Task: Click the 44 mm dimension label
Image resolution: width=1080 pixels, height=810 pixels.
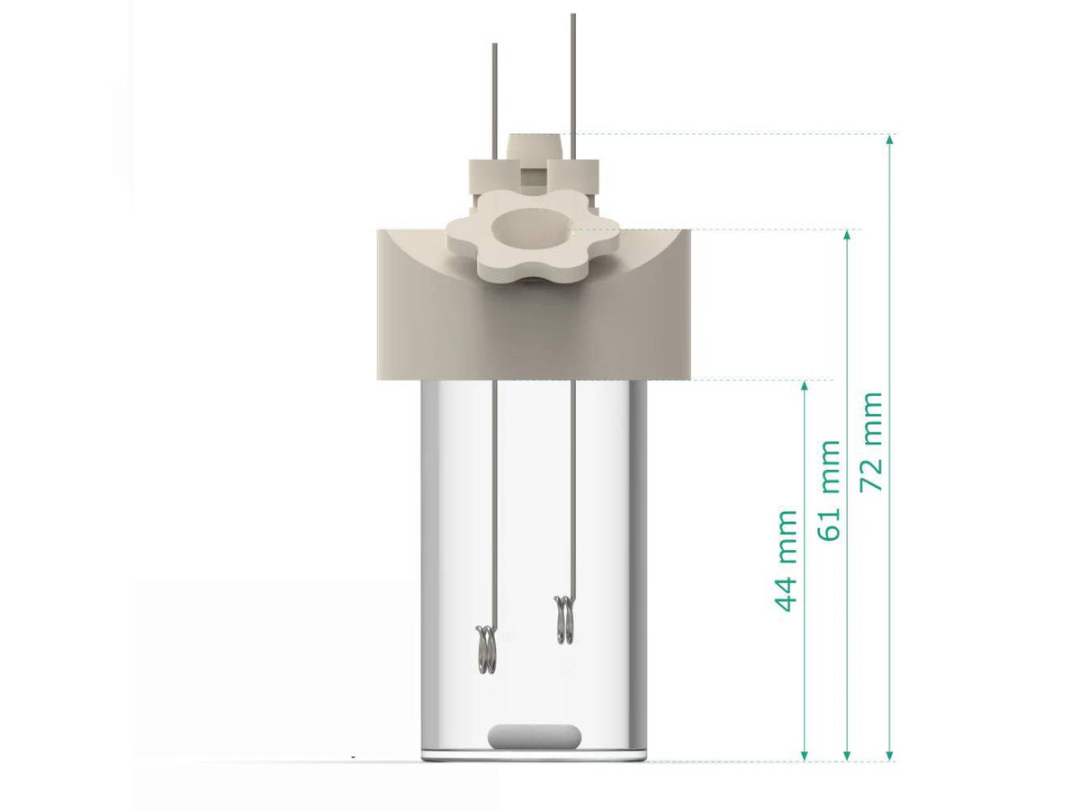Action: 787,560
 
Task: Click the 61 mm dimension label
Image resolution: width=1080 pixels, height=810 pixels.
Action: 830,490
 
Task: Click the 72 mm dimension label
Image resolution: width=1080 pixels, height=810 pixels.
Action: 872,441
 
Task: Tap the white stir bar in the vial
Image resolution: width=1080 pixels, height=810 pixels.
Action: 533,735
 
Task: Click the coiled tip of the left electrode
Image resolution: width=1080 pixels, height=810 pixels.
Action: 486,649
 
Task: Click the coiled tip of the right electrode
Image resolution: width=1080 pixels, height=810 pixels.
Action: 564,620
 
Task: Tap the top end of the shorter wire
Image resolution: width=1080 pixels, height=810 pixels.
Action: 493,45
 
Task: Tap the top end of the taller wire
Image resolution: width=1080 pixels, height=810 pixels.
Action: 572,16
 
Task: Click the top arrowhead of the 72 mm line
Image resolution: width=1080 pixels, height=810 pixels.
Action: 890,139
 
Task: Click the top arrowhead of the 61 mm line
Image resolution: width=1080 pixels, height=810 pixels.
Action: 847,235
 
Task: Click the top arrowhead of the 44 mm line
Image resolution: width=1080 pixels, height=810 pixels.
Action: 805,385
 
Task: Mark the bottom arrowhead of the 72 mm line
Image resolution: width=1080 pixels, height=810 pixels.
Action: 890,755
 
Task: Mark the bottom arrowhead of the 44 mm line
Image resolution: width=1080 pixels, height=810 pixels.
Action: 805,755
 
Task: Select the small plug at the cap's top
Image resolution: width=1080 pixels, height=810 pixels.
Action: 536,146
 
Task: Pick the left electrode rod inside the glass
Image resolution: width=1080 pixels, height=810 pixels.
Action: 491,504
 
